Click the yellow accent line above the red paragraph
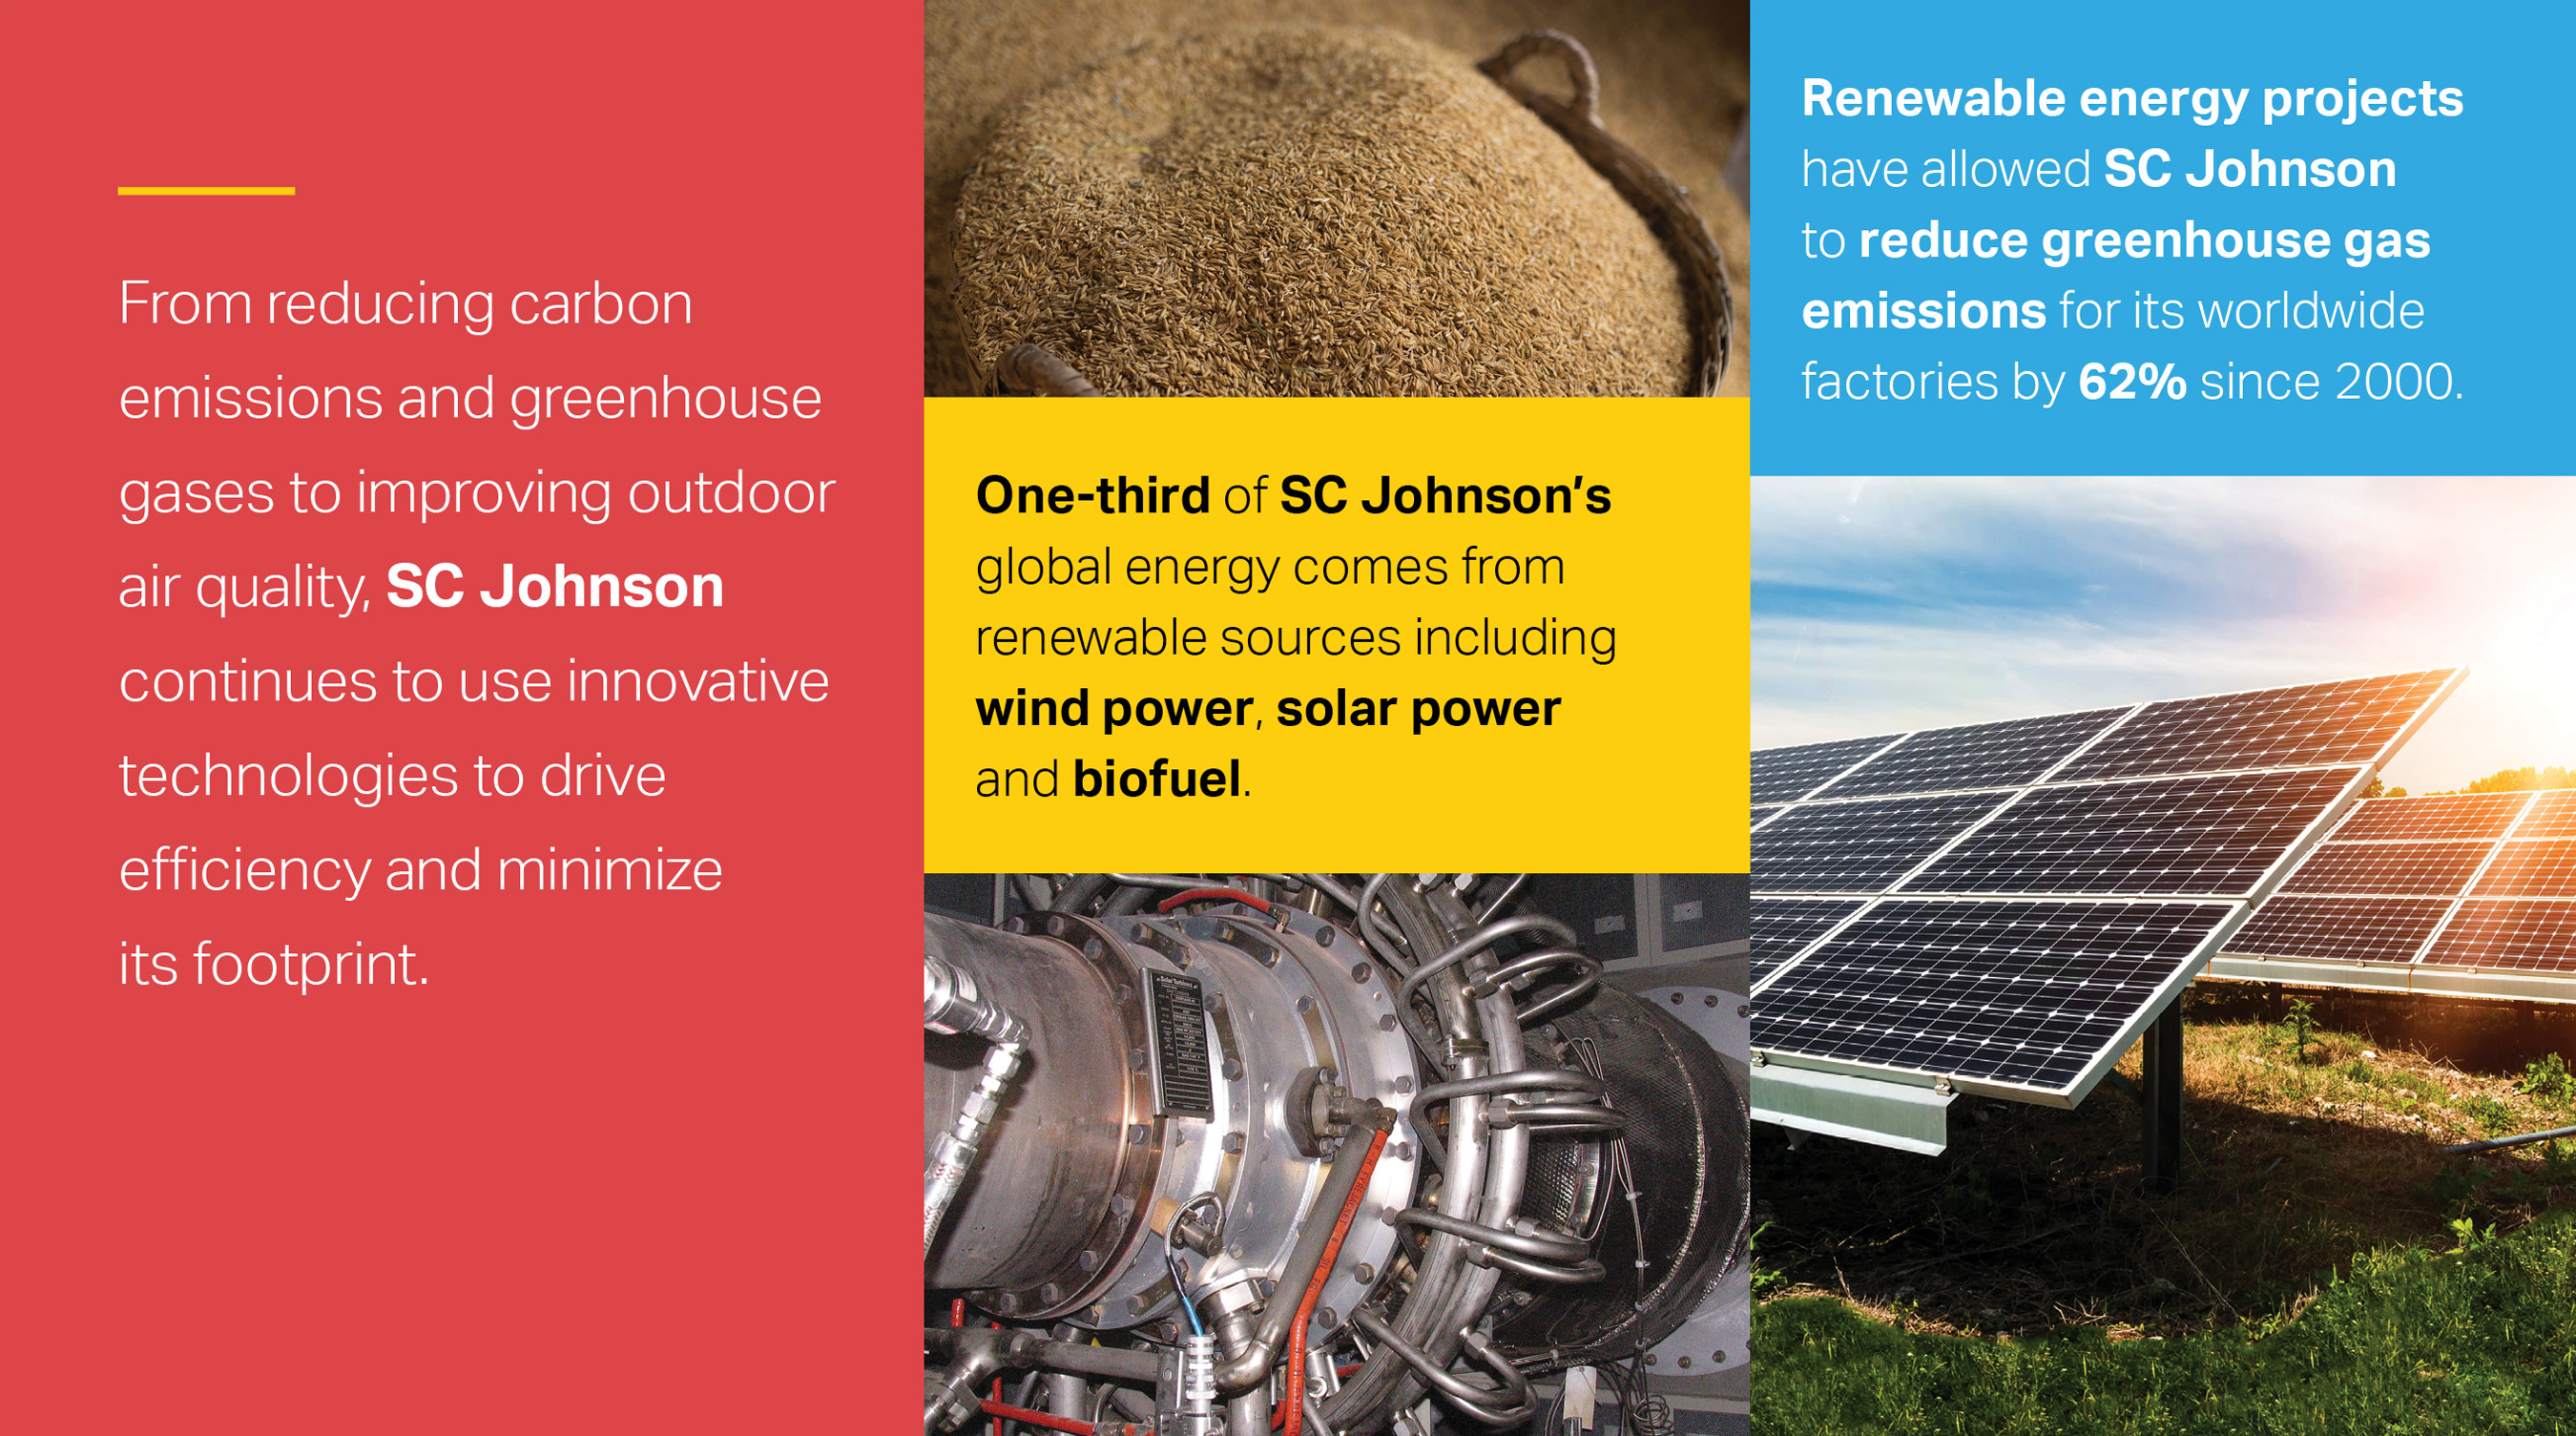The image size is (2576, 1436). point(206,190)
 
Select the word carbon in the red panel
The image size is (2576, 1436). point(601,304)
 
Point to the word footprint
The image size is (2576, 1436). point(310,965)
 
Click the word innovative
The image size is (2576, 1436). point(698,682)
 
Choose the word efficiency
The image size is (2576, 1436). point(244,871)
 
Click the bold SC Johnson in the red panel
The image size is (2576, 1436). point(555,587)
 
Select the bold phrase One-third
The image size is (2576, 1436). point(1093,496)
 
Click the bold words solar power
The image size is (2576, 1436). point(1418,709)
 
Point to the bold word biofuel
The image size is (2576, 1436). point(1157,780)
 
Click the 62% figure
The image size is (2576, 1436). point(2132,382)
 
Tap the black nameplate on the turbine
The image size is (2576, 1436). point(1180,1040)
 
